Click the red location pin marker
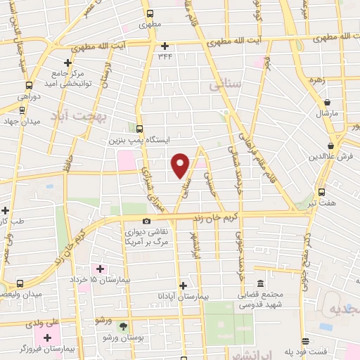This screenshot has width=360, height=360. tap(181, 165)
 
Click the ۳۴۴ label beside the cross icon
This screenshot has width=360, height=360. tap(165, 56)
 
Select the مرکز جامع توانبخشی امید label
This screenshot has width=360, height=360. tap(68, 78)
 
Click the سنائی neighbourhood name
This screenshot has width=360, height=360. tap(225, 85)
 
